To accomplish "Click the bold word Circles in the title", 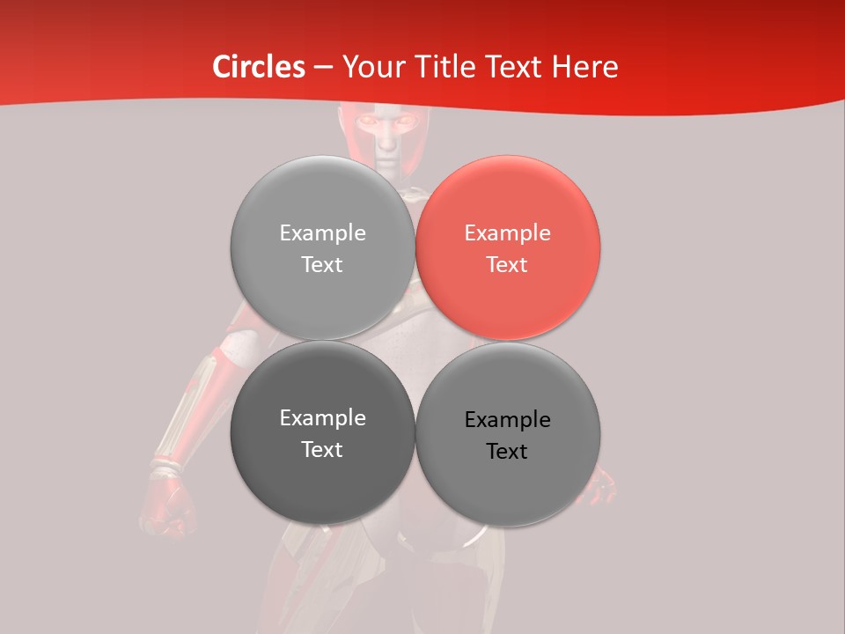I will (x=259, y=67).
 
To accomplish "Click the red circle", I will (x=508, y=247).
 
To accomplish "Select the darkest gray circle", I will (x=322, y=432).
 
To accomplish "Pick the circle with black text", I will (x=508, y=434).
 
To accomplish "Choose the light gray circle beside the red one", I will (x=322, y=247).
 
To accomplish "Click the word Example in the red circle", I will (x=507, y=232).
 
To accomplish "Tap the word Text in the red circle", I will (x=507, y=264).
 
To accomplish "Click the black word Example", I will (x=507, y=419).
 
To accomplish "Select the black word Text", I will (x=507, y=451).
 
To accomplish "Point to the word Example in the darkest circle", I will (x=322, y=417).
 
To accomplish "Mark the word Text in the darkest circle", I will (x=322, y=449).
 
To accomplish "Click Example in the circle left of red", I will (x=322, y=232).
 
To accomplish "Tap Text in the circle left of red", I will (x=322, y=264).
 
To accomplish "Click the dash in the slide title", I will (x=323, y=68).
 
